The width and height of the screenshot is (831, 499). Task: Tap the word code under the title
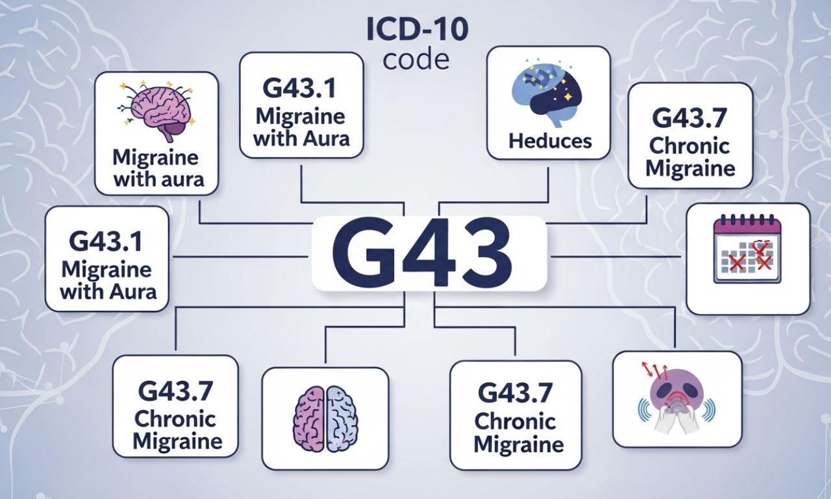click(x=415, y=59)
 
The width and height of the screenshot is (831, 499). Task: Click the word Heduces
click(x=550, y=140)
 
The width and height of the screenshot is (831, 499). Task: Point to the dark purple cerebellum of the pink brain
click(x=173, y=132)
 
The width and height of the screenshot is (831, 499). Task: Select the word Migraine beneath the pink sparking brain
click(x=156, y=158)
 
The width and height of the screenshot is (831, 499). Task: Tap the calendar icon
click(x=747, y=250)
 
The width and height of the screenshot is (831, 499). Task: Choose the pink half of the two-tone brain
click(x=310, y=418)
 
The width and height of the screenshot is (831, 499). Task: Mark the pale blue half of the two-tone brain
click(x=341, y=418)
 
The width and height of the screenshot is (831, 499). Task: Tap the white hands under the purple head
click(x=675, y=421)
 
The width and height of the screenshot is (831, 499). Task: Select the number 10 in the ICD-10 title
click(x=447, y=31)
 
